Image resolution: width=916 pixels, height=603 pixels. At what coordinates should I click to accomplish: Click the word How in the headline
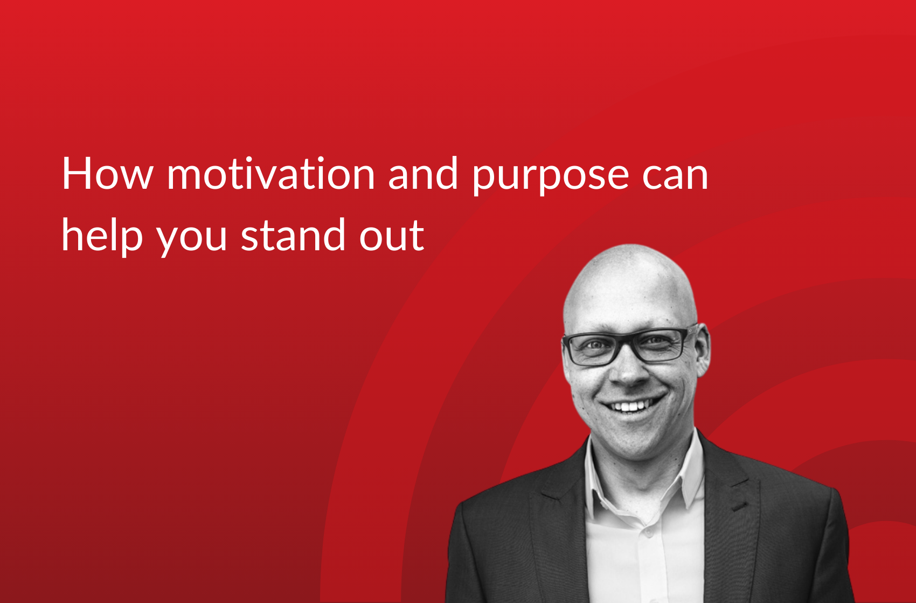107,174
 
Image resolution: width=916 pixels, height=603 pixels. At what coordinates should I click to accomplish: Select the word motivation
270,174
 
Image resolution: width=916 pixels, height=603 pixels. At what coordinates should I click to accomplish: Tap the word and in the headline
423,174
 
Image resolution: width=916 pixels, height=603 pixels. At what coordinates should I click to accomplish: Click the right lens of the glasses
658,345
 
